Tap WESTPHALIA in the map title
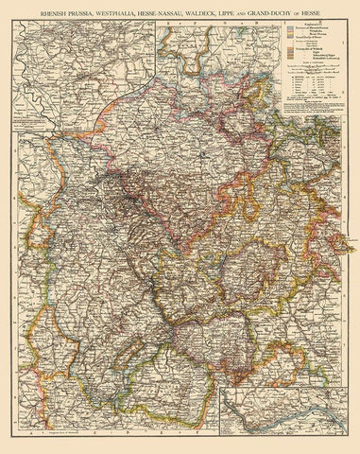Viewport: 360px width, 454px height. [x=133, y=12]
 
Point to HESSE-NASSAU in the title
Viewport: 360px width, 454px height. [x=185, y=12]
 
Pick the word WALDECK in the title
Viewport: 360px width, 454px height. [x=232, y=12]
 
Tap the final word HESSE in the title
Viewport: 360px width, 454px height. [x=343, y=12]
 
